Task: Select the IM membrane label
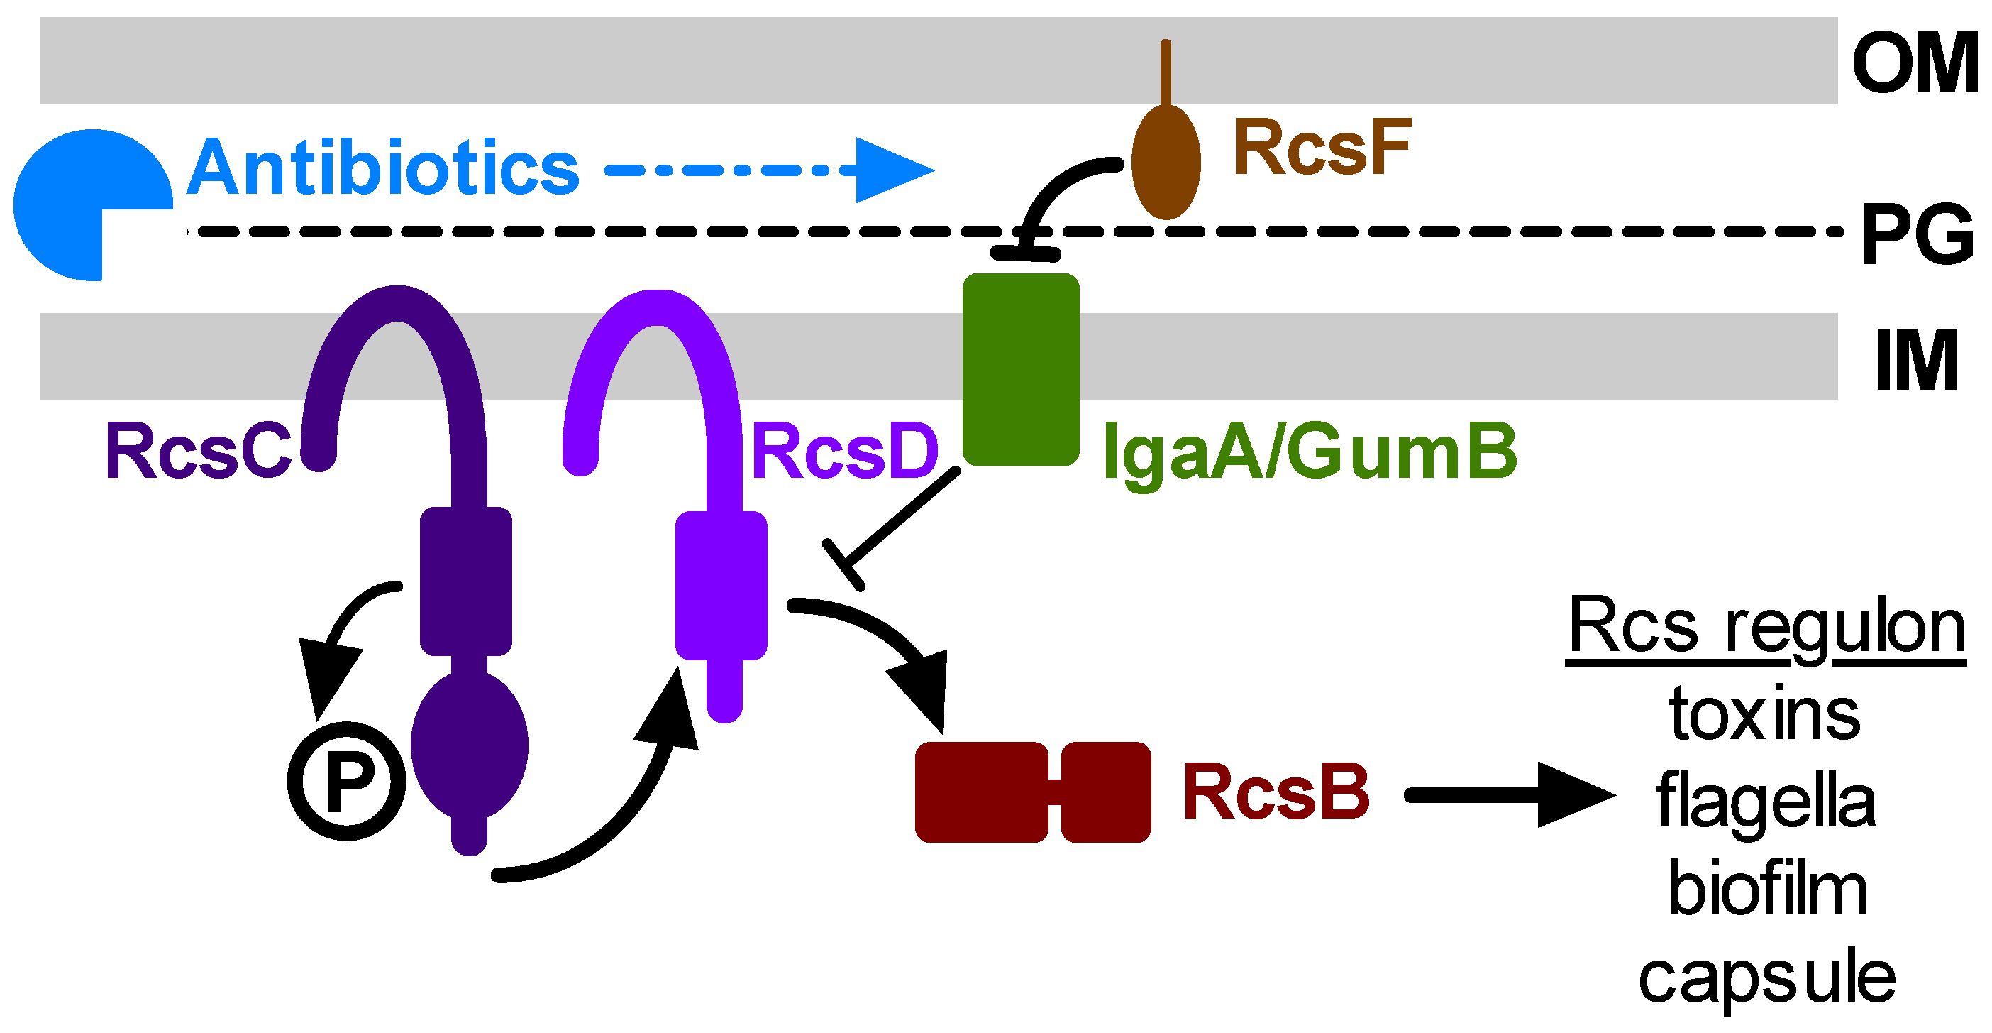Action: coord(1917,360)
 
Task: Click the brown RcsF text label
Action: coord(1322,147)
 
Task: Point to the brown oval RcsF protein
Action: coord(1166,162)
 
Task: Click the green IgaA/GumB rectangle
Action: coord(1021,369)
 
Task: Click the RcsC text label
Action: coord(198,451)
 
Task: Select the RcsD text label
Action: coord(844,451)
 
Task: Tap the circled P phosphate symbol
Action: coord(346,781)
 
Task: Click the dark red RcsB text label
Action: coord(1277,792)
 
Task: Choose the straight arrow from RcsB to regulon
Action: coord(1510,794)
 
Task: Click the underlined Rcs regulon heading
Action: coord(1766,628)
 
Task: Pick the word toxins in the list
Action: coord(1766,714)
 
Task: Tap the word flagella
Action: coord(1766,801)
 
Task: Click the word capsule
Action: coord(1767,978)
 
